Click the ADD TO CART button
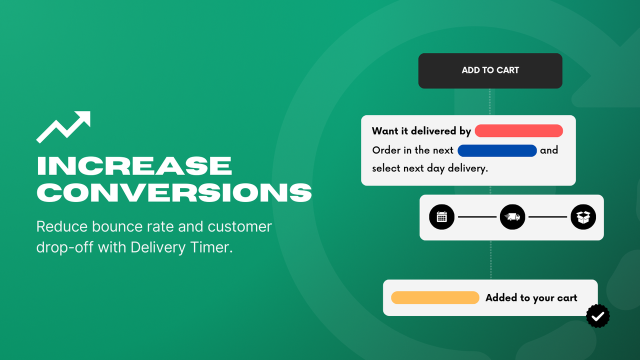coord(490,70)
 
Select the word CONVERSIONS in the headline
coord(174,192)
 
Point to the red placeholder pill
coord(518,131)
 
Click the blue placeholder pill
coord(497,150)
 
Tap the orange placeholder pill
coord(435,297)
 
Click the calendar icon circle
coord(442,217)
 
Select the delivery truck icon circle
coord(512,217)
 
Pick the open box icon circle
coord(583,217)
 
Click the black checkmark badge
coord(598,316)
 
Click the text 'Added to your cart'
coord(531,298)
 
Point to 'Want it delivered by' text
coord(421,131)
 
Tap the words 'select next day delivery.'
coord(429,168)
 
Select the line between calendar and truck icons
coord(477,217)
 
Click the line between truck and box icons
coord(548,217)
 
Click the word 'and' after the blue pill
coord(549,150)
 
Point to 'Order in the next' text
coord(413,150)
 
